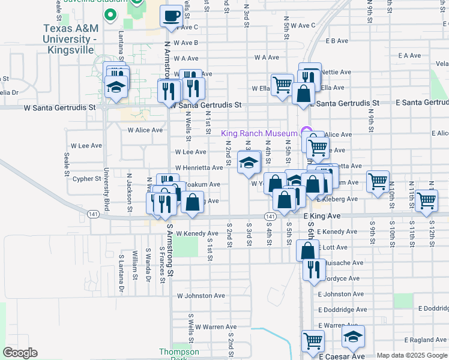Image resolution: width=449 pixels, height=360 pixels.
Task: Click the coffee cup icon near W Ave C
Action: [x=172, y=16]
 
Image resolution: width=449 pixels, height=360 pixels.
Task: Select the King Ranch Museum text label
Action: [x=259, y=133]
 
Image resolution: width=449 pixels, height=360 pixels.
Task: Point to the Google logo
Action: [x=20, y=353]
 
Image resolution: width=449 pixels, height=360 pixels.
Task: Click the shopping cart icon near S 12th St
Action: [x=426, y=201]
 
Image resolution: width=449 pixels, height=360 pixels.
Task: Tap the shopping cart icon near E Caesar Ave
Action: [x=313, y=341]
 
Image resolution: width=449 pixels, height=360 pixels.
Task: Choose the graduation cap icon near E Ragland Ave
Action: [x=353, y=337]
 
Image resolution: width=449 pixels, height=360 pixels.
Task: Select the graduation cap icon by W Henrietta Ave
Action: [x=249, y=163]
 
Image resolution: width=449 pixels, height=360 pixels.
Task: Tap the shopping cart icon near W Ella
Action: [x=282, y=84]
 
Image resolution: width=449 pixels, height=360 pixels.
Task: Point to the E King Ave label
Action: [x=322, y=215]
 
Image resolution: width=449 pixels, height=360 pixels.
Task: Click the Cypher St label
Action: [x=86, y=179]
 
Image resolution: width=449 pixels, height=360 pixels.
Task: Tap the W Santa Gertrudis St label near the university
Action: [x=59, y=107]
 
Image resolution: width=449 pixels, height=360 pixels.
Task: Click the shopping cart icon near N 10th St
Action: [x=378, y=181]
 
